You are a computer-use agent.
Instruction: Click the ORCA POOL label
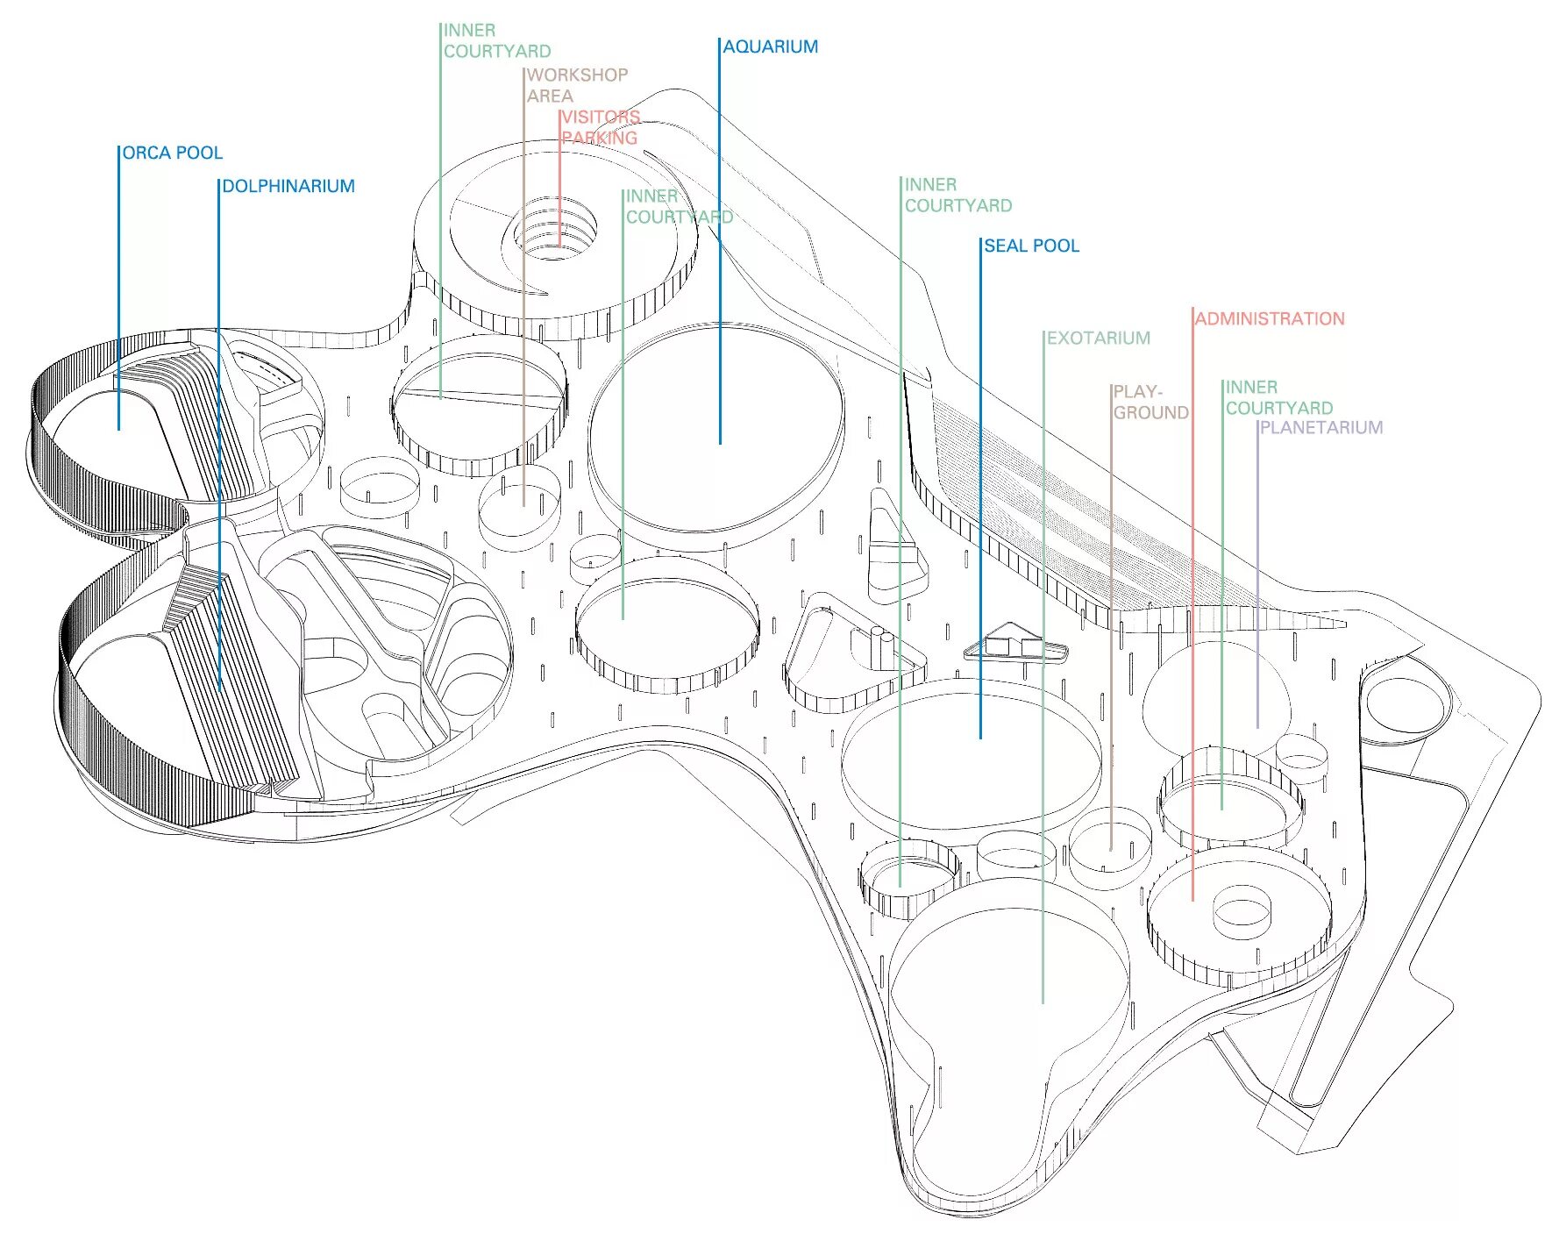[172, 153]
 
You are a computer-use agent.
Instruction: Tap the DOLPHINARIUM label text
[288, 186]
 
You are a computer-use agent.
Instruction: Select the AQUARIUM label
[770, 46]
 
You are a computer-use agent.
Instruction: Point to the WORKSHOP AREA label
[576, 85]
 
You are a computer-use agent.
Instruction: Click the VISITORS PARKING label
[600, 127]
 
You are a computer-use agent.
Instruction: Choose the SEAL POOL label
[1031, 246]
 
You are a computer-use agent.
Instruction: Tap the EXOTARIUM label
[1098, 338]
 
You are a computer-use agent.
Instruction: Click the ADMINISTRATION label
[1269, 318]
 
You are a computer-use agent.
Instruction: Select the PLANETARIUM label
[1321, 427]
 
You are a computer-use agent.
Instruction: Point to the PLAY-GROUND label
[1150, 402]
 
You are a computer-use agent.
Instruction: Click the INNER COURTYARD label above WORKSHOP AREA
[496, 40]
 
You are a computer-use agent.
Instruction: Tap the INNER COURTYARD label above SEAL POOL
[957, 195]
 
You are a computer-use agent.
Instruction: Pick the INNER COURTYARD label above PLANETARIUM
[1278, 397]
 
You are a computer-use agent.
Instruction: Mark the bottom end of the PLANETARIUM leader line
[1257, 727]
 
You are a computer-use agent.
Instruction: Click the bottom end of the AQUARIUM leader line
[720, 443]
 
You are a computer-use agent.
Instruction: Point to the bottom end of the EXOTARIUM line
[1043, 1002]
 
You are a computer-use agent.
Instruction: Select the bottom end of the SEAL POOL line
[980, 738]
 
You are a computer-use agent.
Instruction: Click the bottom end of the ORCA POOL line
[118, 429]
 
